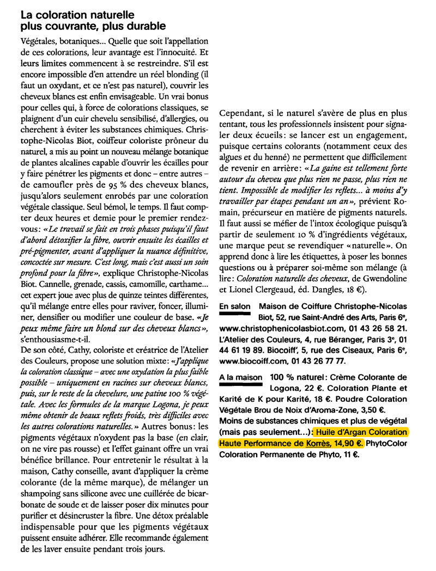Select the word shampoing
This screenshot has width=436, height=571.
tap(45, 506)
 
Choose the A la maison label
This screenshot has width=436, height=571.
tap(239, 377)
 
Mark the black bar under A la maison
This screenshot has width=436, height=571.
tap(239, 385)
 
